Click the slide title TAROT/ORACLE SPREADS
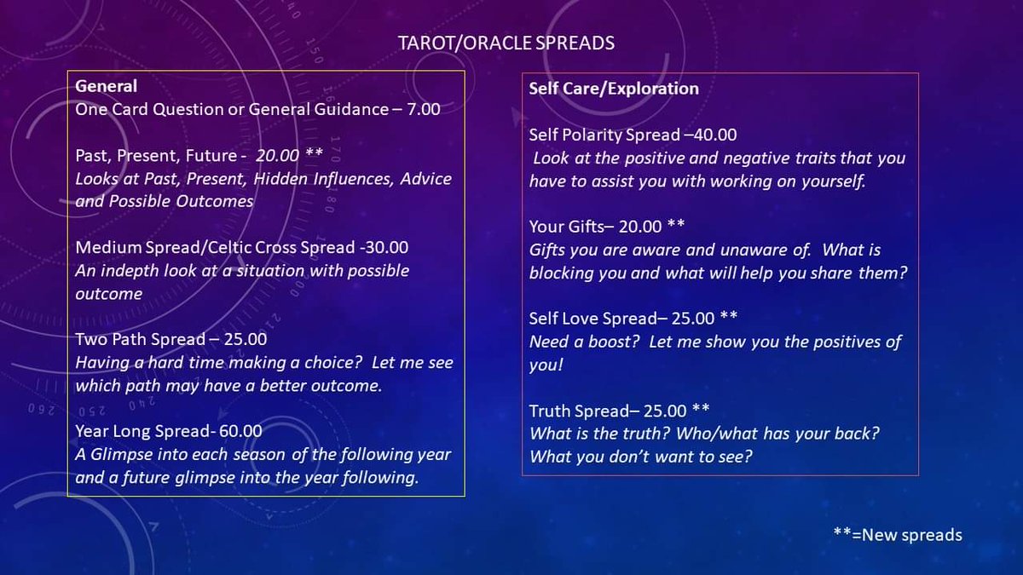(x=506, y=43)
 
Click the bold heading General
(x=106, y=86)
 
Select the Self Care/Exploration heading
(x=613, y=88)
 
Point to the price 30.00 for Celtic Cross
(x=384, y=248)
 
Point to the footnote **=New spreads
(x=897, y=535)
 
